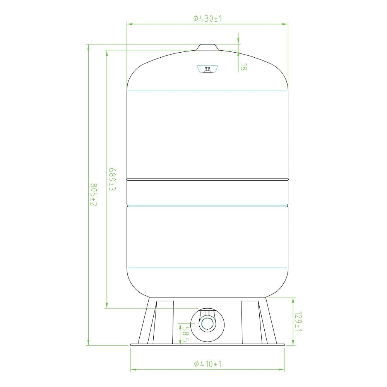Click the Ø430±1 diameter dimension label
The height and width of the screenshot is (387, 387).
[x=207, y=19]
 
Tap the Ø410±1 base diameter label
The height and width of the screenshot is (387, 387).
[x=207, y=364]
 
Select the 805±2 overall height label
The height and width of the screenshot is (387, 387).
[x=94, y=195]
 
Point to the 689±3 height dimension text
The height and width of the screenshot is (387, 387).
[x=113, y=180]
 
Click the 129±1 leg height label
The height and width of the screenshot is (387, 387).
[x=298, y=322]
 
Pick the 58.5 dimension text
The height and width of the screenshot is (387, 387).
[x=185, y=334]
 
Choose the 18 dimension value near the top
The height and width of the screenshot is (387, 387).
[x=243, y=67]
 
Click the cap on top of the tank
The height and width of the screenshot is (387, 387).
[x=207, y=47]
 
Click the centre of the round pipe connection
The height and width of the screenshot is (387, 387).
[x=207, y=323]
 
